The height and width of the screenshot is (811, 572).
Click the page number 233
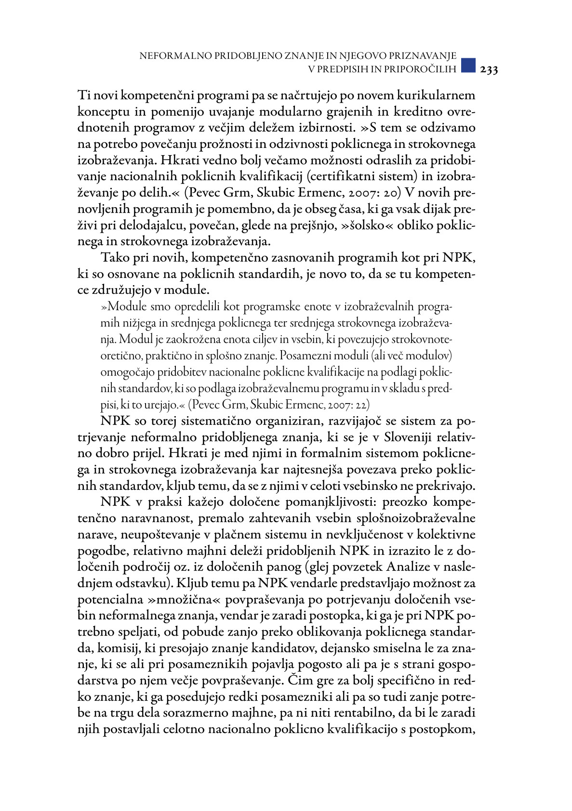point(489,69)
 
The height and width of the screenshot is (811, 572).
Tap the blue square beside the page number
point(468,66)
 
